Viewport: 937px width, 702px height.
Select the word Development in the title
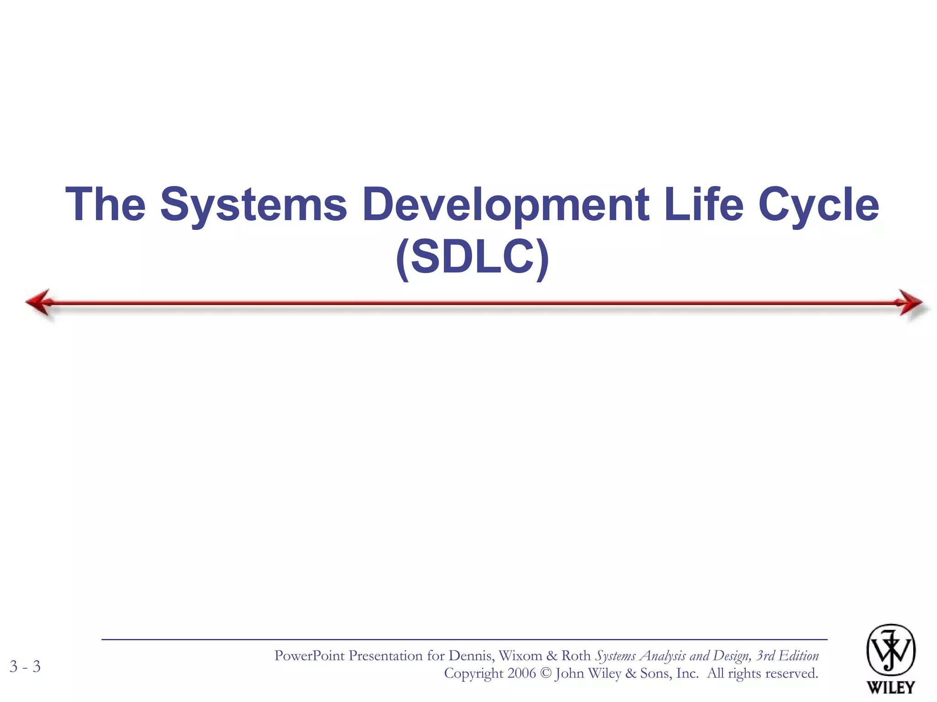(506, 204)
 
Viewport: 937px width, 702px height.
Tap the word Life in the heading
(703, 204)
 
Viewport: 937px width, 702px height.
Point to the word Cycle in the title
(819, 204)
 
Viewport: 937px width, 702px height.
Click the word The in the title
(106, 204)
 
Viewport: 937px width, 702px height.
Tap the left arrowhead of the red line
(39, 302)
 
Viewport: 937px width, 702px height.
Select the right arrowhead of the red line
(910, 302)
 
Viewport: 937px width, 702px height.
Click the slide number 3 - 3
(25, 666)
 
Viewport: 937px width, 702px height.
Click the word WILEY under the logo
(891, 687)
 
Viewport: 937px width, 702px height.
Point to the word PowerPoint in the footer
(309, 656)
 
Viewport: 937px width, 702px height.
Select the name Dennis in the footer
(471, 656)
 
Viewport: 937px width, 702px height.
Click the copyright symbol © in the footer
(545, 673)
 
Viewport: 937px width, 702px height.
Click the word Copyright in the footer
(474, 673)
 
